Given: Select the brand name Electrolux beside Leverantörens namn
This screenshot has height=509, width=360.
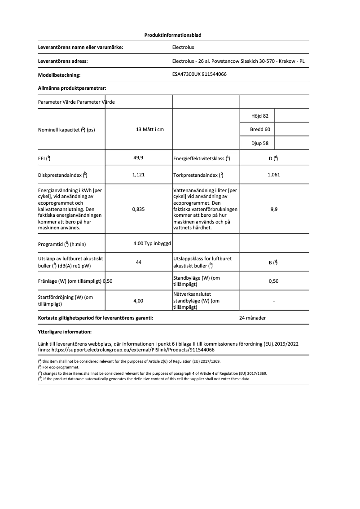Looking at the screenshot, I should pyautogui.click(x=183, y=47).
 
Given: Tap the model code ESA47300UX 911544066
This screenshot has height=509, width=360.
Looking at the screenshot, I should pyautogui.click(x=199, y=75).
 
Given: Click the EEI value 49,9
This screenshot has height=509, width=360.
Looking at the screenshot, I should pyautogui.click(x=138, y=158).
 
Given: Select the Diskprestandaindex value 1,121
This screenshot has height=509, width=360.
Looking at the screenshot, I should pyautogui.click(x=138, y=175).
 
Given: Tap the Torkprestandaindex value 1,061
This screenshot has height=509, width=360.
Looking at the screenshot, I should pyautogui.click(x=273, y=175).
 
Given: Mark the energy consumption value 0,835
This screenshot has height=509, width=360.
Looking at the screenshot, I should pyautogui.click(x=138, y=209).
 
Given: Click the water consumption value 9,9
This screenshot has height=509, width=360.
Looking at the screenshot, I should pyautogui.click(x=273, y=209).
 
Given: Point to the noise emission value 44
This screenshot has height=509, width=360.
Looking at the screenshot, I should pyautogui.click(x=138, y=262).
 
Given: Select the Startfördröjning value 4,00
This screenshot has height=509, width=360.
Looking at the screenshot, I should pyautogui.click(x=138, y=301).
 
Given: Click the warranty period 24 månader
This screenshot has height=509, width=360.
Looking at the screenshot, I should pyautogui.click(x=253, y=318).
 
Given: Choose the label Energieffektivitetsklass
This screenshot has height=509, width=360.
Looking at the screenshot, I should pyautogui.click(x=202, y=158).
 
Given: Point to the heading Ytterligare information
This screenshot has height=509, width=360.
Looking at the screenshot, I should pyautogui.click(x=65, y=332).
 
